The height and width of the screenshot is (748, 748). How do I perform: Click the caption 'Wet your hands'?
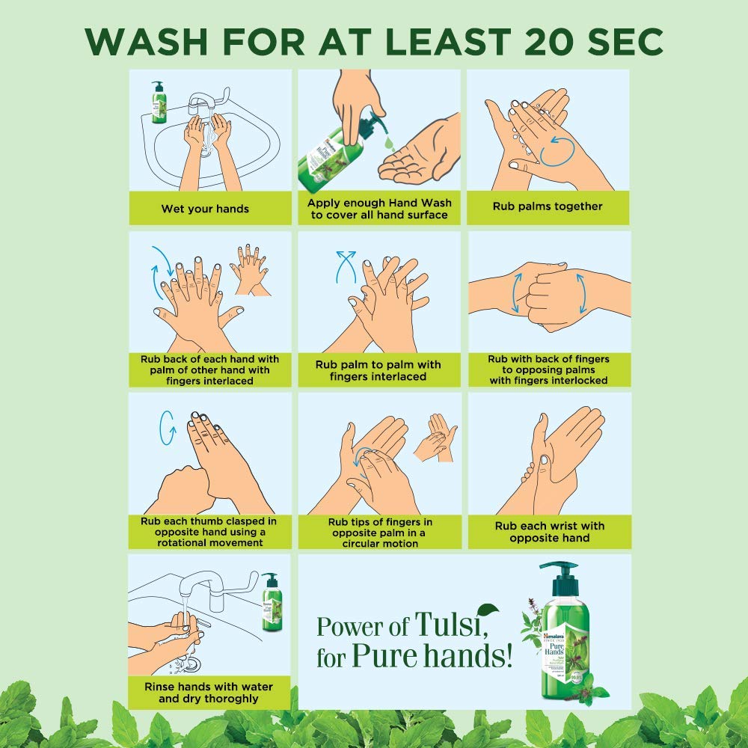(206, 209)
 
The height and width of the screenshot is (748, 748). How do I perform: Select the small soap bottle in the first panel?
(158, 102)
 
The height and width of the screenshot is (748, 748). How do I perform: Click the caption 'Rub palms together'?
(548, 206)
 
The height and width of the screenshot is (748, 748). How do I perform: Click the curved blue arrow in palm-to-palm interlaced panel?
(345, 266)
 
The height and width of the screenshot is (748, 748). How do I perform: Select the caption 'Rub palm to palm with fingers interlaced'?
(378, 370)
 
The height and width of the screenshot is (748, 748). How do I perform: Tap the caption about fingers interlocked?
(548, 370)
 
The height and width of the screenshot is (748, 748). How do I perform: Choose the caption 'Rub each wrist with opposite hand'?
(549, 532)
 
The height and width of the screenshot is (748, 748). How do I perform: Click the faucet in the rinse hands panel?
(209, 586)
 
